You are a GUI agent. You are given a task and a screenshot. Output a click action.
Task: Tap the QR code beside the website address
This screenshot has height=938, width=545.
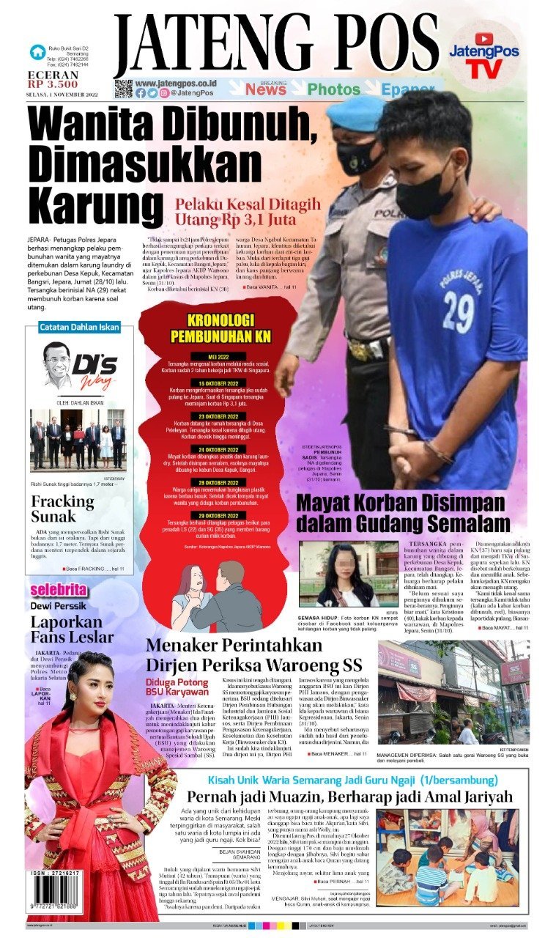click(x=124, y=89)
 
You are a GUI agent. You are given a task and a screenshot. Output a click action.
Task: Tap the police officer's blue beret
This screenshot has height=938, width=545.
click(x=357, y=113)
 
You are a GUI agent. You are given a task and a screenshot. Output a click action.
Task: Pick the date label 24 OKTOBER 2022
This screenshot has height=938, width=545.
click(x=211, y=429)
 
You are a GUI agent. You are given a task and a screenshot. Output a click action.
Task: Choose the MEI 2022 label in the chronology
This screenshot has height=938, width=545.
click(x=211, y=357)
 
